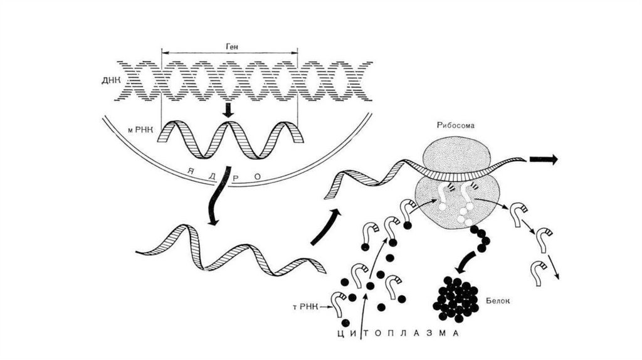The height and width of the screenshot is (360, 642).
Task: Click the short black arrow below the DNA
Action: pyautogui.click(x=228, y=110)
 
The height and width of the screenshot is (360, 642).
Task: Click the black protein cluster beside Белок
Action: pyautogui.click(x=456, y=299)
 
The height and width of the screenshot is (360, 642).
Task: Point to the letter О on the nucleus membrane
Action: pyautogui.click(x=258, y=177)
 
